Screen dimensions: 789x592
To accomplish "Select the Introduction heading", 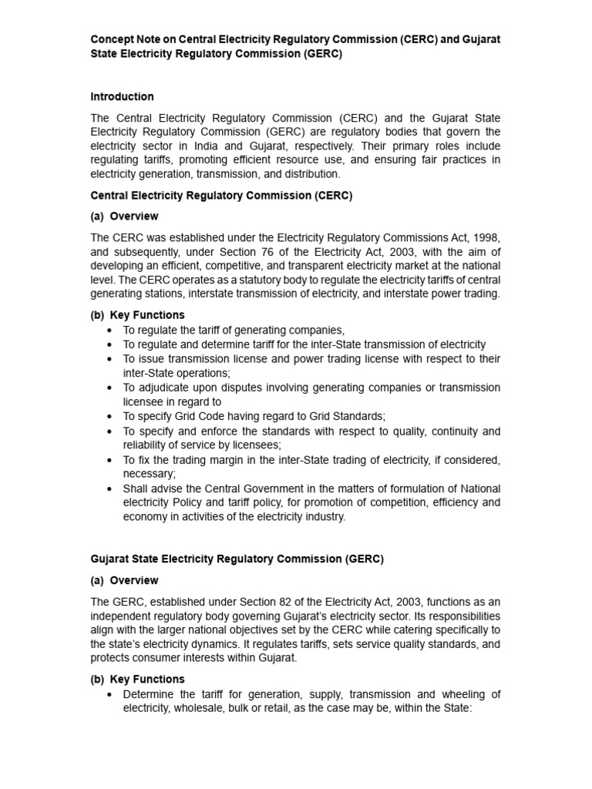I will click(x=122, y=96).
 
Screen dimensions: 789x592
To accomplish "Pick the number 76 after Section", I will click(x=259, y=251).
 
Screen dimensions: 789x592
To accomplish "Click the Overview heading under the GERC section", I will click(x=134, y=580).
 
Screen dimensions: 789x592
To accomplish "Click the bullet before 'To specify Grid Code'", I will click(x=111, y=416).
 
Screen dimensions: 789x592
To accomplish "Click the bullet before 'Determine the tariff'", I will click(x=111, y=694).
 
